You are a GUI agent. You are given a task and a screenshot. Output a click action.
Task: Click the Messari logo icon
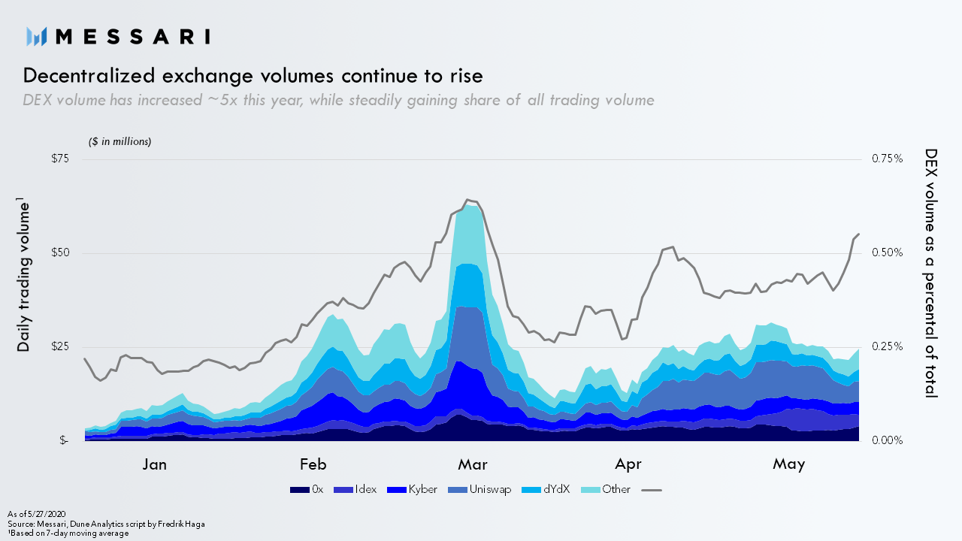point(37,36)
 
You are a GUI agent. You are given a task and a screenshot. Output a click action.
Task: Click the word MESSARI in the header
point(133,36)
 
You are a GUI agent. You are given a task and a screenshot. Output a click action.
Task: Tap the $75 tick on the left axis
point(59,159)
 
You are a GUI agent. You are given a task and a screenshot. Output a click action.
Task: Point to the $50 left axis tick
point(59,252)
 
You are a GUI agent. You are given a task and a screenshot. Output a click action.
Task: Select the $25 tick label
point(59,346)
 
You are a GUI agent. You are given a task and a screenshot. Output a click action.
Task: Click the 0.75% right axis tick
point(887,159)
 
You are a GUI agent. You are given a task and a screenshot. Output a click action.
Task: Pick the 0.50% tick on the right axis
point(887,252)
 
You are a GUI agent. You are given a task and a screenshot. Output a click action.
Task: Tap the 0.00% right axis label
point(887,440)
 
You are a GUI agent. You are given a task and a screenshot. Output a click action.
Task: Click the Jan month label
point(155,464)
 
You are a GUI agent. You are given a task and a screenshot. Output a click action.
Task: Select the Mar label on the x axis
point(472,464)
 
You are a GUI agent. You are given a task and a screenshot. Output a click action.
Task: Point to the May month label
point(789,464)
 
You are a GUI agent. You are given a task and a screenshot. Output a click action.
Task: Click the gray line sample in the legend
point(652,490)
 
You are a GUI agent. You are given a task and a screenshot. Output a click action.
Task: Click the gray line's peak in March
point(467,200)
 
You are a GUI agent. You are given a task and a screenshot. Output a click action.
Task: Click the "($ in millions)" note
point(120,141)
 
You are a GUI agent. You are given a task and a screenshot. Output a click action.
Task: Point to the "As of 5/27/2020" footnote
point(32,513)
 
